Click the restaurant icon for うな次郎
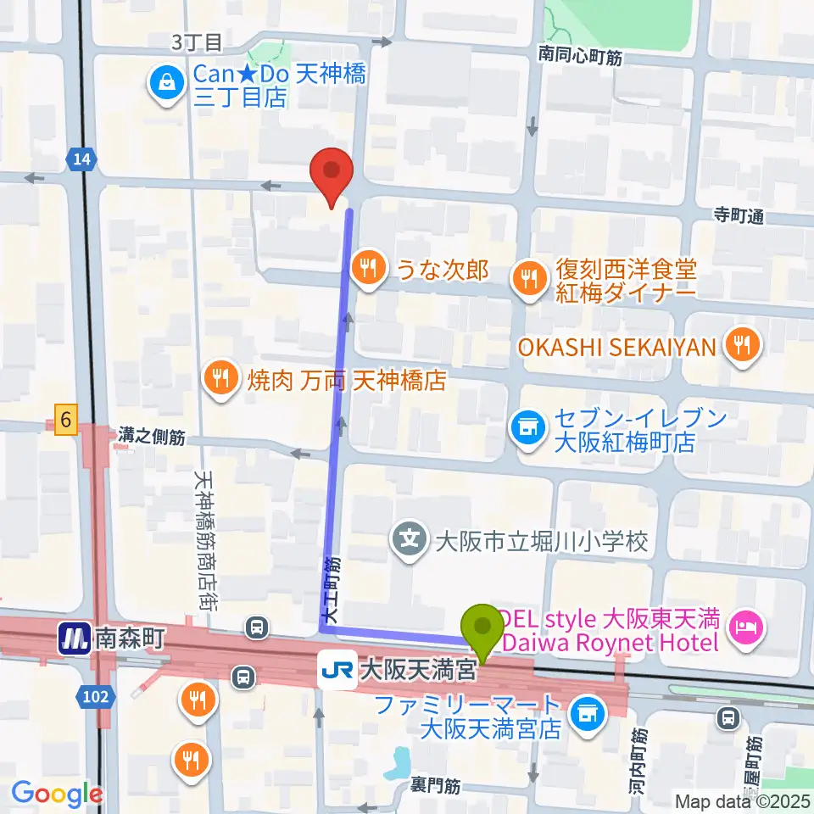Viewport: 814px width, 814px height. click(367, 270)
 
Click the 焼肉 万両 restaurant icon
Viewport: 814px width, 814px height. click(221, 378)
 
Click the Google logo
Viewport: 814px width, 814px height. click(58, 793)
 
